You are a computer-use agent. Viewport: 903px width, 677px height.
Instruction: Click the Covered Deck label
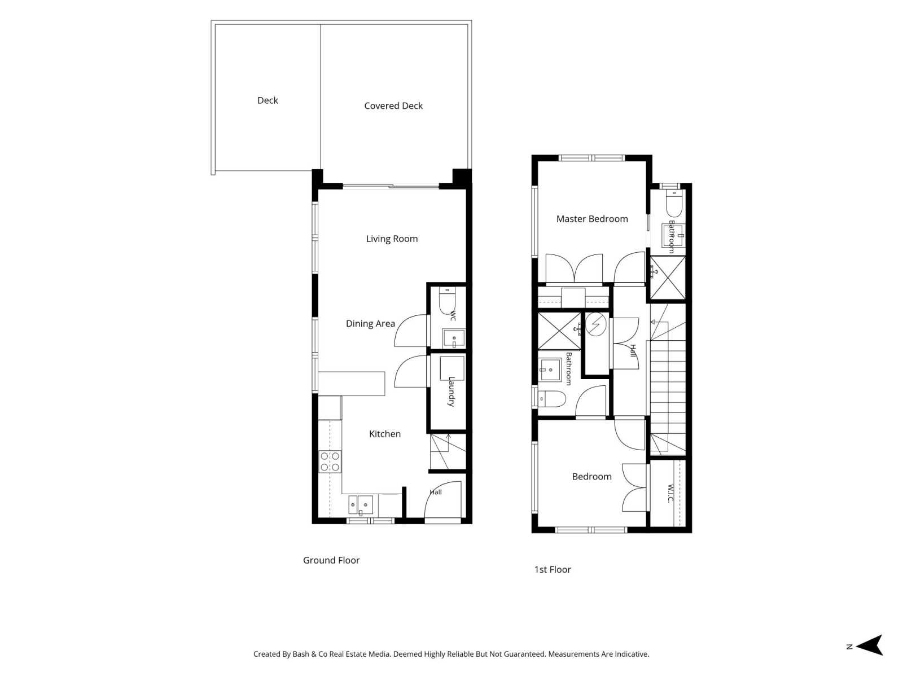[x=393, y=105]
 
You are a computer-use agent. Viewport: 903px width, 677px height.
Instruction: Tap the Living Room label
[x=392, y=239]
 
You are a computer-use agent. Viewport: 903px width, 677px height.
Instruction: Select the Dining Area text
[x=370, y=324]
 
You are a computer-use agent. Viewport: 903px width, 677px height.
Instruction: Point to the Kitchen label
[x=385, y=434]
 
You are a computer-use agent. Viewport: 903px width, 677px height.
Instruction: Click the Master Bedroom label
[x=591, y=219]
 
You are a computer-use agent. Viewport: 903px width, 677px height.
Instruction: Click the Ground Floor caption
[x=331, y=560]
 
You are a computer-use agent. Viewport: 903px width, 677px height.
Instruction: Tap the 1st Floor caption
[x=552, y=569]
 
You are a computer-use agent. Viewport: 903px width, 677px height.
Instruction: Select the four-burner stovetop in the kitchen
[x=330, y=461]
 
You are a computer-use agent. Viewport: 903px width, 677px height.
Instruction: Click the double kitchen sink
[x=361, y=505]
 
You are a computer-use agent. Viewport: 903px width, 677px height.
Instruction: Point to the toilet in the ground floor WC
[x=447, y=301]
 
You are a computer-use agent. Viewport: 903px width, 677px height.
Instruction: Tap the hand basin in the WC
[x=454, y=338]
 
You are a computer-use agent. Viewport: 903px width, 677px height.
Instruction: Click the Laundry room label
[x=451, y=392]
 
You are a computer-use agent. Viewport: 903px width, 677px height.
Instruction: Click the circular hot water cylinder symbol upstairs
[x=595, y=324]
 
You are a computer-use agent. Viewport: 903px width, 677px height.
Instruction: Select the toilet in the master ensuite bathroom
[x=674, y=203]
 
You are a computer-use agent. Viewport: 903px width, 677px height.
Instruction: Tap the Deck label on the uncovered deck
[x=268, y=100]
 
